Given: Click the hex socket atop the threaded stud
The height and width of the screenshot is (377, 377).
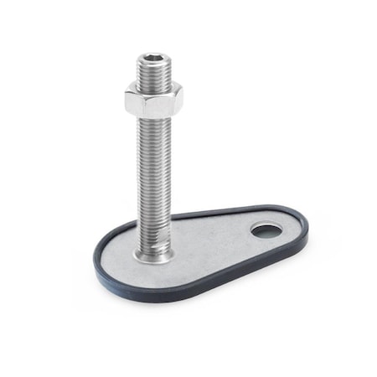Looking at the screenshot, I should point(153,60).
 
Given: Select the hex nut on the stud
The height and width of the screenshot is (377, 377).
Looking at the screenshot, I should point(154,102).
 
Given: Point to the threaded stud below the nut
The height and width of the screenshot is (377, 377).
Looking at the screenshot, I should point(154,176).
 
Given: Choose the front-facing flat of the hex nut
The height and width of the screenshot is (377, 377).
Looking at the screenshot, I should point(152,106).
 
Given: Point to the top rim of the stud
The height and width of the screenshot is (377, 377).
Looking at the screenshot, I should point(153,55).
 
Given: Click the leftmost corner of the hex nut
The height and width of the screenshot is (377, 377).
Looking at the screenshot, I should point(127,100).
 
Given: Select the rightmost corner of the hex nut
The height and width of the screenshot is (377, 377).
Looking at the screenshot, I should point(183,100).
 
